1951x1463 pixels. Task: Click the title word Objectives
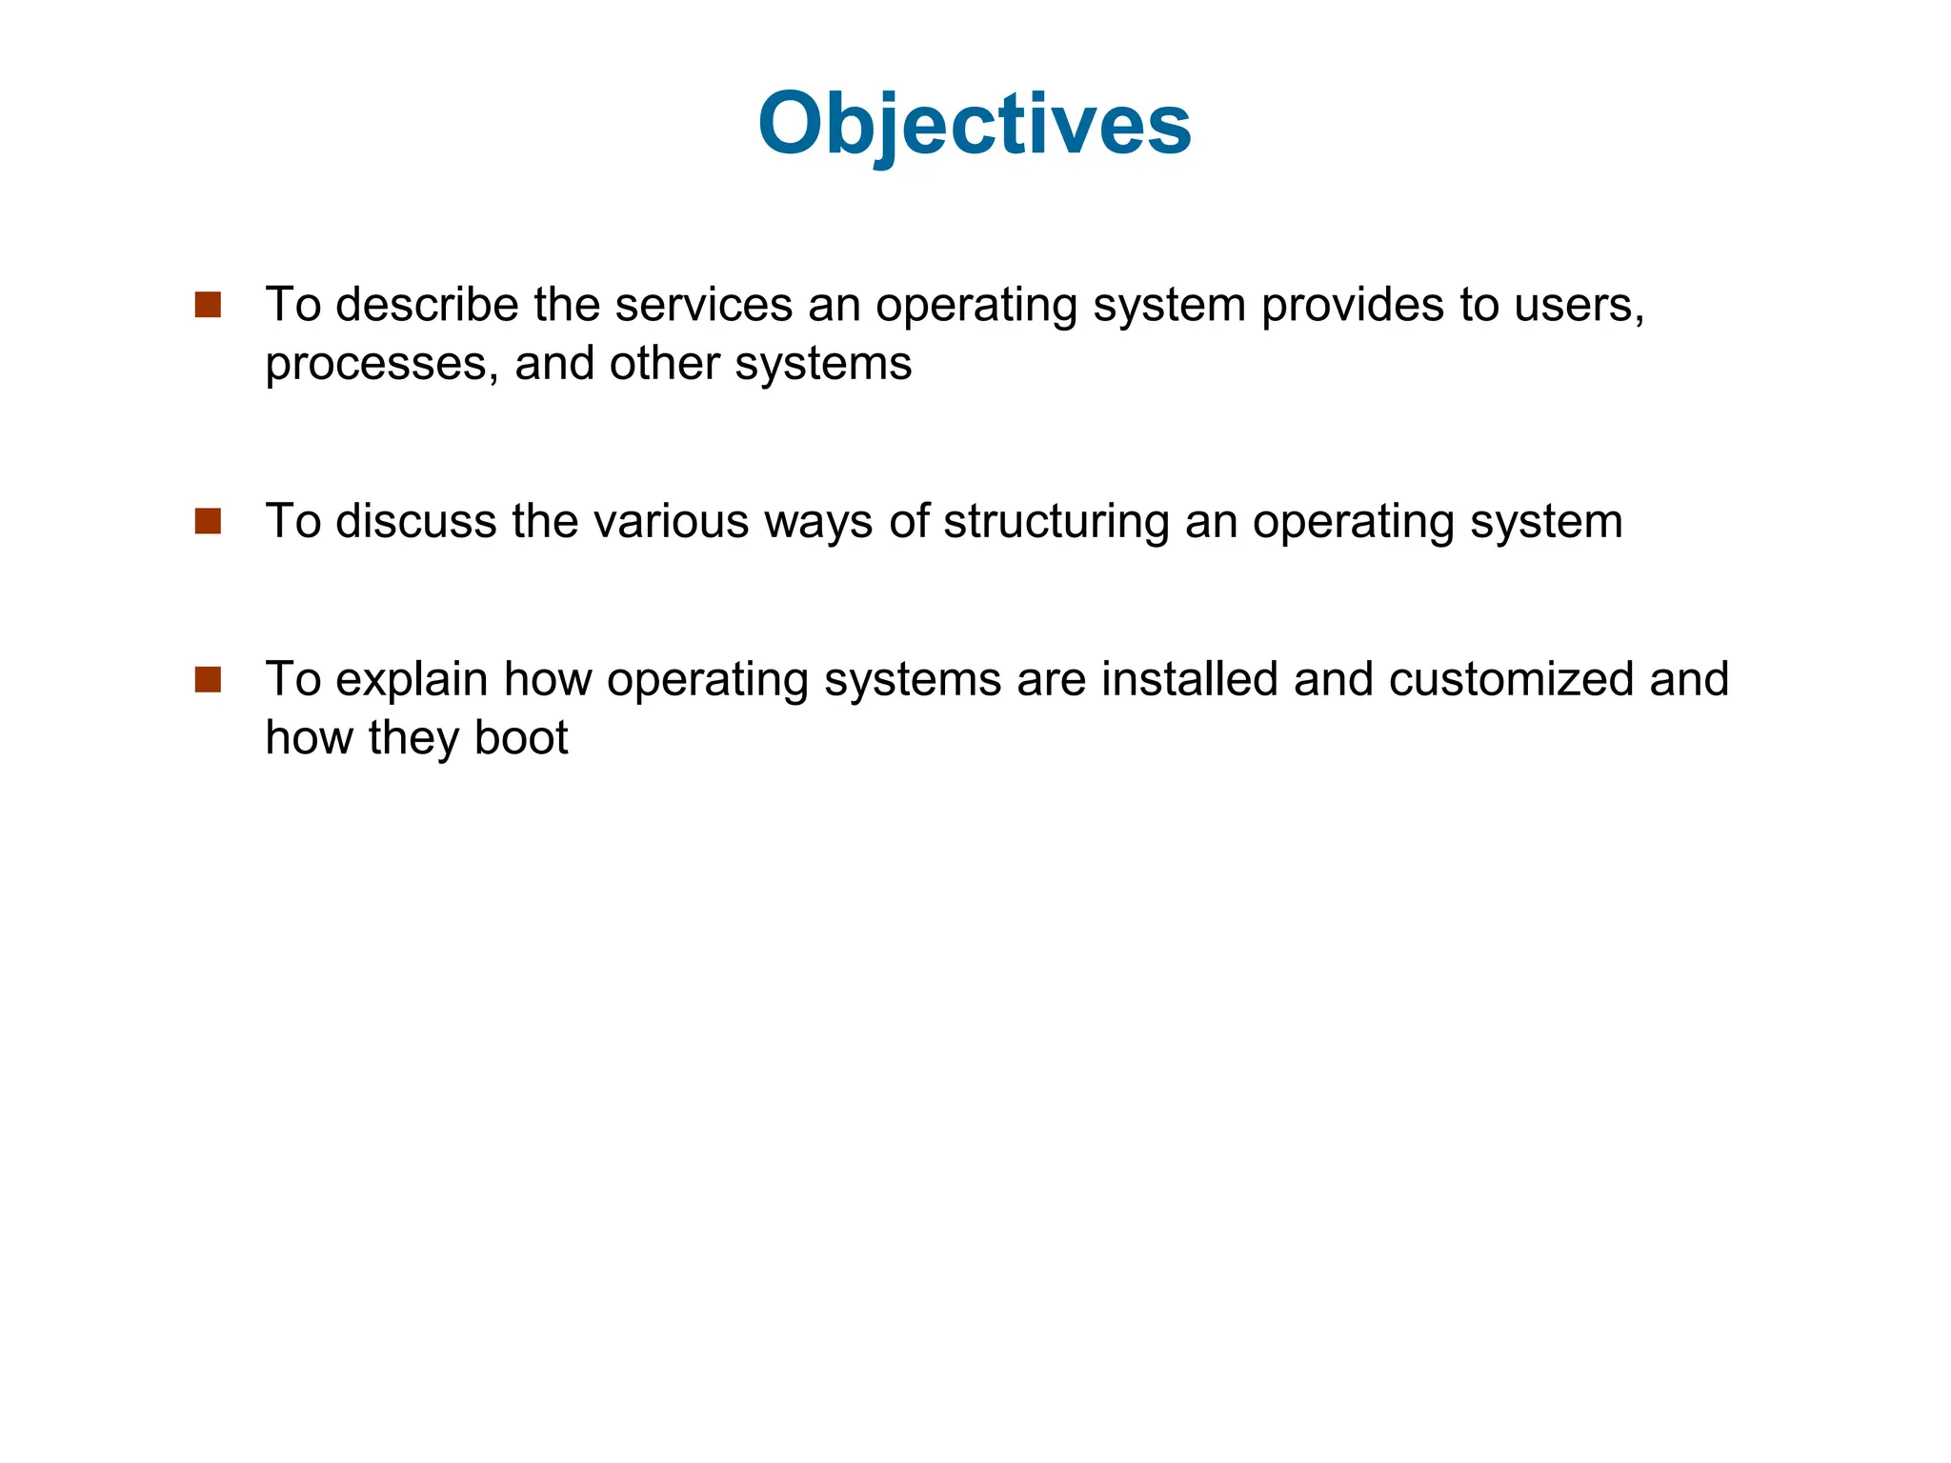[974, 125]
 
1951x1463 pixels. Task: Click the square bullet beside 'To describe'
[208, 305]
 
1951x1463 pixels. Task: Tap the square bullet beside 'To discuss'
[208, 521]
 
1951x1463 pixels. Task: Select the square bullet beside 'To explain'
[208, 679]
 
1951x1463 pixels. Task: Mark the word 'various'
[672, 521]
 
